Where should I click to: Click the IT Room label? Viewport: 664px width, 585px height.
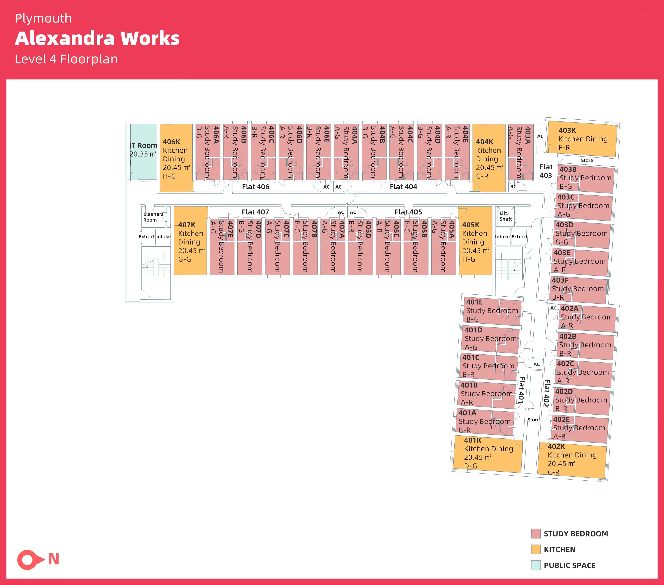(143, 146)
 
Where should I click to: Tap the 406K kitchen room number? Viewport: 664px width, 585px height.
(171, 142)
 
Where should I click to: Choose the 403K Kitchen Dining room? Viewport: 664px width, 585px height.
(582, 139)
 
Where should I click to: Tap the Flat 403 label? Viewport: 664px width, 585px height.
(546, 171)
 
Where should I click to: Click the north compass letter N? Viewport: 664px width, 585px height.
(54, 559)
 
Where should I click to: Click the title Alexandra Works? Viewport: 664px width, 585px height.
(97, 38)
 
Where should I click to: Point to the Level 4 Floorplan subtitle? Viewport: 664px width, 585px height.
(66, 59)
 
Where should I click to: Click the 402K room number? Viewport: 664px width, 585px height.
(556, 446)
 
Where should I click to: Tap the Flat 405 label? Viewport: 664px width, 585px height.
(408, 212)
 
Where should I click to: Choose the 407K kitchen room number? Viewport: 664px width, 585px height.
(187, 225)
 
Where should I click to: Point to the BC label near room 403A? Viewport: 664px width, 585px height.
(513, 187)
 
